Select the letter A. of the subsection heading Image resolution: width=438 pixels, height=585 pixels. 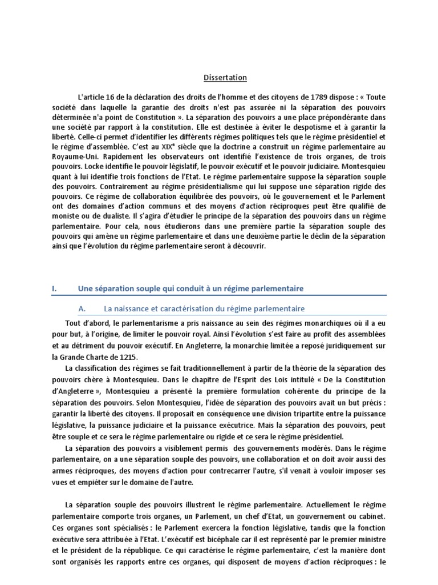pos(82,308)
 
